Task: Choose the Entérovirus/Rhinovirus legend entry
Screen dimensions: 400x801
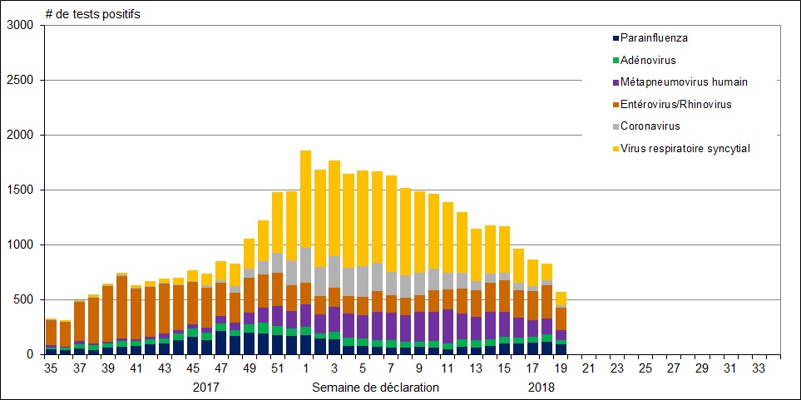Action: click(x=682, y=105)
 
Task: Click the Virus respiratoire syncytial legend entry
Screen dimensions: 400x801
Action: click(x=685, y=149)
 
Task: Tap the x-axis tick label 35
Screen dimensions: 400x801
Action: click(x=51, y=368)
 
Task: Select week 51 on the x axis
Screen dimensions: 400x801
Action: click(x=278, y=368)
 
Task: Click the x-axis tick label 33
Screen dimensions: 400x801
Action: click(x=759, y=368)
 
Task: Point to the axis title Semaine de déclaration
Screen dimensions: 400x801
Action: click(x=375, y=388)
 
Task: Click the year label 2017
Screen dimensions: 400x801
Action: click(x=206, y=388)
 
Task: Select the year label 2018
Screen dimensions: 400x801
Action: click(x=542, y=388)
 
